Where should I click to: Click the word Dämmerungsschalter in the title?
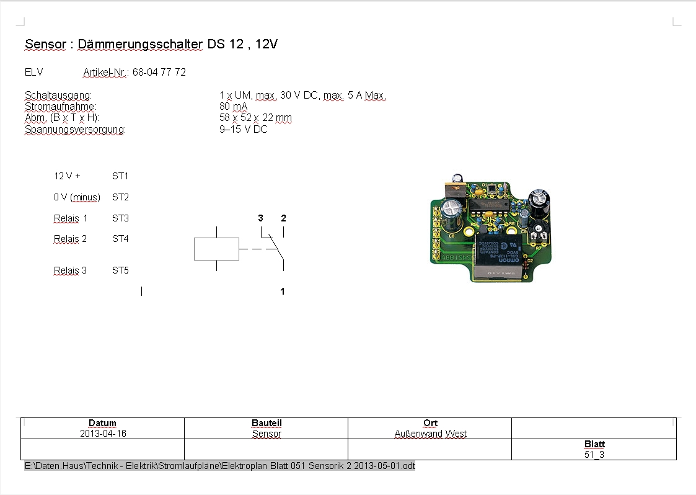(140, 45)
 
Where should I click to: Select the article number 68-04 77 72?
(159, 73)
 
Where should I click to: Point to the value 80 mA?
(234, 107)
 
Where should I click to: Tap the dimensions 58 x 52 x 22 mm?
(256, 118)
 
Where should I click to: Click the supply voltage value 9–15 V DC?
(243, 129)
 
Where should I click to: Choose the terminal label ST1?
(120, 176)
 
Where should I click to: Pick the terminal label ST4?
(120, 239)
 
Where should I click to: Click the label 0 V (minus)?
(77, 197)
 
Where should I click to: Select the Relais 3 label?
(70, 270)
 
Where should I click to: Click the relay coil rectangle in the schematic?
(217, 249)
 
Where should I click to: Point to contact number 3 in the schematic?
(260, 218)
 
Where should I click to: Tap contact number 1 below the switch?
(283, 292)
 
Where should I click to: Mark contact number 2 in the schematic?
(284, 218)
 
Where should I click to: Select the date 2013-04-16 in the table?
(103, 434)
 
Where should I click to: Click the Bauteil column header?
(267, 423)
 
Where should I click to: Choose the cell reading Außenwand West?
(431, 434)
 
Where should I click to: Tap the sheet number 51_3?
(594, 455)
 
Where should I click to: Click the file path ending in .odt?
(220, 466)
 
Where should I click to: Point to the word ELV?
(33, 73)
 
